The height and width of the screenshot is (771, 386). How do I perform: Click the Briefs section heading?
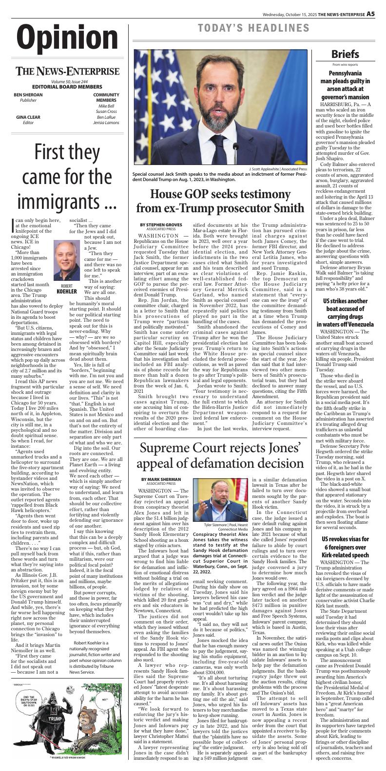pos(346,54)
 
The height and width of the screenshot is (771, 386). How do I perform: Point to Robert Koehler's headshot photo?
pos(67,260)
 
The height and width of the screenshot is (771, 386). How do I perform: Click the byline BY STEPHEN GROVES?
pos(161,224)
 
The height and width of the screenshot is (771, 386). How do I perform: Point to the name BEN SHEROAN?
pos(28,94)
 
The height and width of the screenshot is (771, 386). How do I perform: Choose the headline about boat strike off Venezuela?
pos(346,309)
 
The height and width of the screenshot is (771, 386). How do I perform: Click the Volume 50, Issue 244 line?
pos(67,81)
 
